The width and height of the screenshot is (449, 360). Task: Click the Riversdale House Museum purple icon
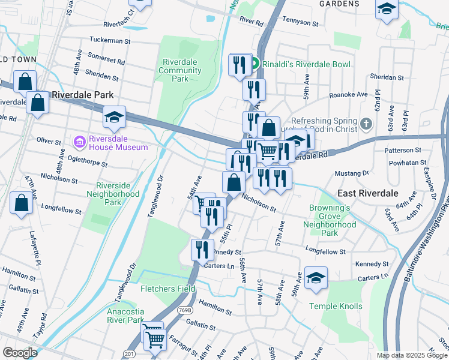(x=79, y=142)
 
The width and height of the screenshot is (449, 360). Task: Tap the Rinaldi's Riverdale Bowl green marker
(x=255, y=64)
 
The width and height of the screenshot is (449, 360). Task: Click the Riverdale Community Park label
(x=180, y=70)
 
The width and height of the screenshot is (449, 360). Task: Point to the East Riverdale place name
(x=367, y=193)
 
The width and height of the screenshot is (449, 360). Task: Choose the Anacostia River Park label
(x=125, y=316)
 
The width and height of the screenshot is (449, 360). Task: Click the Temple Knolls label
(x=336, y=306)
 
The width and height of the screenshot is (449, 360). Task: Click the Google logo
(x=20, y=352)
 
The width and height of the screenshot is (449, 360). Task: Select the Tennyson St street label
(x=300, y=23)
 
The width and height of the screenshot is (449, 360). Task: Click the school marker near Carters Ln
(x=316, y=278)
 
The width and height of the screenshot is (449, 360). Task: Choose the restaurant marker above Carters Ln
(x=202, y=248)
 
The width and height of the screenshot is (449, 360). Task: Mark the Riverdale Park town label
(x=82, y=95)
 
